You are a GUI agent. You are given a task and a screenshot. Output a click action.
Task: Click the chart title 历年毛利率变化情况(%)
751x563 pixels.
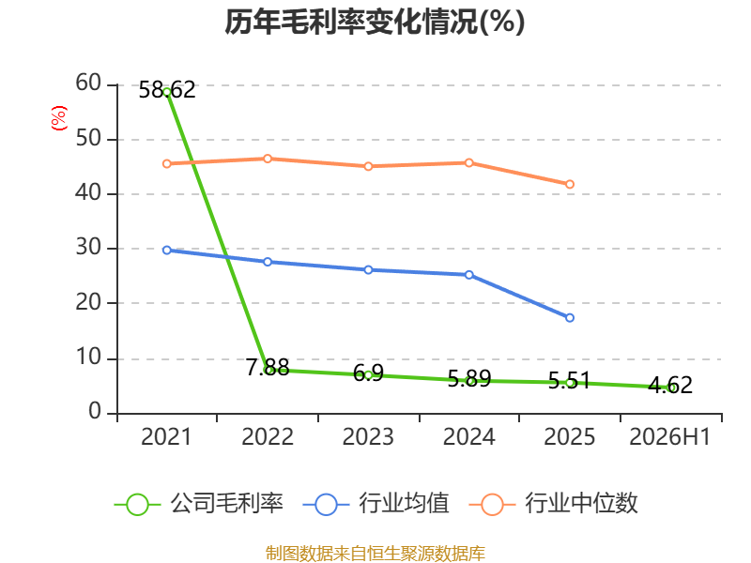(x=375, y=22)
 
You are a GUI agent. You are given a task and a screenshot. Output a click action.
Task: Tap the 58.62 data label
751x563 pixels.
(x=167, y=90)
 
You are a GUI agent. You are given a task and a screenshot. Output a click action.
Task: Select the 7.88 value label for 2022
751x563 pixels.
(x=268, y=367)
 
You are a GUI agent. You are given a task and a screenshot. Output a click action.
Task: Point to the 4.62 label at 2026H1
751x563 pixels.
(x=670, y=385)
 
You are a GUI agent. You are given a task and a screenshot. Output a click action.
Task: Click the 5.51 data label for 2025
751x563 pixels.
(x=569, y=381)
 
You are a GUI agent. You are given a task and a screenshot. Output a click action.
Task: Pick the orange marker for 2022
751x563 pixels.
(x=268, y=159)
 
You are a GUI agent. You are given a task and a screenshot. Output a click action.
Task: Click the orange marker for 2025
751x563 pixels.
(x=570, y=184)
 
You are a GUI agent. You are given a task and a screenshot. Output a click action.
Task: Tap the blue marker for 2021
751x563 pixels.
(x=167, y=250)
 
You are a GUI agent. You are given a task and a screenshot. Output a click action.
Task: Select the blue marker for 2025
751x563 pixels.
(x=570, y=318)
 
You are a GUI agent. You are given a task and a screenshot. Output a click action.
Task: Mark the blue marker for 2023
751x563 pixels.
(x=368, y=270)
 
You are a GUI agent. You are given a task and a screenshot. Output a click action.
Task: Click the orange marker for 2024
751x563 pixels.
(x=468, y=162)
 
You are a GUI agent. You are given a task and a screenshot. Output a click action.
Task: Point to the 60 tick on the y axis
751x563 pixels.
(x=88, y=84)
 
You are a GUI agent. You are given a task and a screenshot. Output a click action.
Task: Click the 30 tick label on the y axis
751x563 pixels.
(x=88, y=248)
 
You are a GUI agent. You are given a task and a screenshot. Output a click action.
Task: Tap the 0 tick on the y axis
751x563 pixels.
(x=95, y=411)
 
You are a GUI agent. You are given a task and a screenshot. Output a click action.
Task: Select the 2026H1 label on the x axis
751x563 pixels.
(x=669, y=436)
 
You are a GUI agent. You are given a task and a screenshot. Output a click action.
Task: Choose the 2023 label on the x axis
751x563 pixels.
(x=368, y=436)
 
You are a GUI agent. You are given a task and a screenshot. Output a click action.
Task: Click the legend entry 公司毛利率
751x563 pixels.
(x=199, y=504)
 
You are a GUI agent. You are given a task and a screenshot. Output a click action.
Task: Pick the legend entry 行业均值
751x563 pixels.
(x=376, y=504)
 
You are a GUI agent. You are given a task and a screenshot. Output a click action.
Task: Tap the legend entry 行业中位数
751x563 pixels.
(x=554, y=504)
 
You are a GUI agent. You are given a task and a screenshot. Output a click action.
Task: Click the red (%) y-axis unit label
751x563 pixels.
(x=59, y=118)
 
